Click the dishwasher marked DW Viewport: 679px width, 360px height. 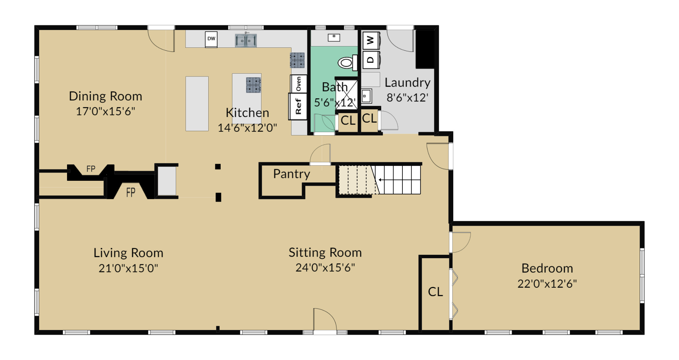(x=211, y=39)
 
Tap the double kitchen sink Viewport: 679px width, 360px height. (x=246, y=40)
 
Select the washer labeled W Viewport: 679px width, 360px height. (x=371, y=40)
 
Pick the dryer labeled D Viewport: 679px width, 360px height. (x=371, y=59)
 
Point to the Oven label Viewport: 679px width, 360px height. (x=298, y=84)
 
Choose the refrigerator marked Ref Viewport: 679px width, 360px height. (x=298, y=106)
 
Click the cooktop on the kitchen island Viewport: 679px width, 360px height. (x=254, y=85)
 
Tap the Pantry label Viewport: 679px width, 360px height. (x=291, y=174)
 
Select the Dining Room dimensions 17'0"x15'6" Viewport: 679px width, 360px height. (x=106, y=111)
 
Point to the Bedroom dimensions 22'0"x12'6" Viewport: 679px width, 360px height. (x=547, y=284)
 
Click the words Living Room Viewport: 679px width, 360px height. (x=128, y=253)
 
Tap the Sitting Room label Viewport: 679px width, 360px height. (x=325, y=253)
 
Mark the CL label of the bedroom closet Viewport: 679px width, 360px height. (x=435, y=292)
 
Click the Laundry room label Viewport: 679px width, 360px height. (x=407, y=82)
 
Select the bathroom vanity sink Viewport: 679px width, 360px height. (x=334, y=38)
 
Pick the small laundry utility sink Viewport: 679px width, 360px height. (x=366, y=96)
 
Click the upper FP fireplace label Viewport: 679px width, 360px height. (x=91, y=169)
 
